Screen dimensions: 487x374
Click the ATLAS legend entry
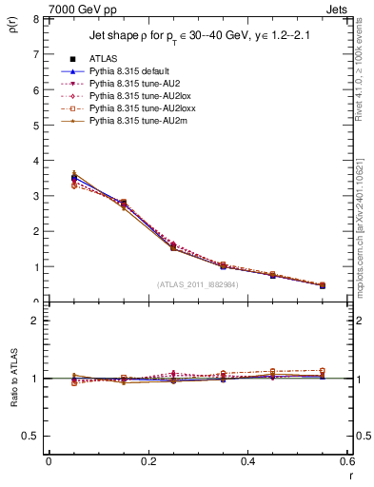(103, 59)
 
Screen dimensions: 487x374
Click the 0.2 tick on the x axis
(148, 461)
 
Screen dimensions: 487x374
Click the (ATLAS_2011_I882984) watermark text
(198, 284)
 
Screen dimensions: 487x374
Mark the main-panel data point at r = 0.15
(122, 203)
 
